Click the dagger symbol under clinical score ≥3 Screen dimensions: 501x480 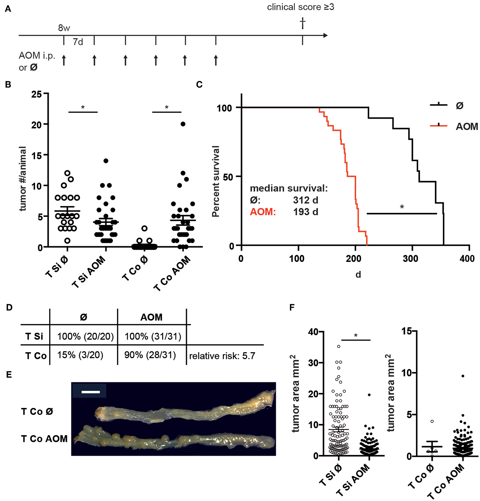(x=303, y=23)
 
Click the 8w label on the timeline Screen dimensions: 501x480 (x=64, y=28)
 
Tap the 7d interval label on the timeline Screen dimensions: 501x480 (x=78, y=42)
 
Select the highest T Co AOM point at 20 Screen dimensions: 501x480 (x=183, y=124)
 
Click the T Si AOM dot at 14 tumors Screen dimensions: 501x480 (x=106, y=161)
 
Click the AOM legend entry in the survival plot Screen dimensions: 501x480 (x=466, y=126)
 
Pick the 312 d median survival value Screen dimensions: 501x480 (x=305, y=200)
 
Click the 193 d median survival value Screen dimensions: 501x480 (x=305, y=212)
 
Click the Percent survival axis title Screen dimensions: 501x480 (x=216, y=181)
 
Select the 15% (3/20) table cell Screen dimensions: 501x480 (x=80, y=355)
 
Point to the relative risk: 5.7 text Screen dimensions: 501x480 (x=222, y=356)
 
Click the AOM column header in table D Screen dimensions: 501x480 (x=151, y=317)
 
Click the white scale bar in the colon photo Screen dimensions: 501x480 (x=90, y=392)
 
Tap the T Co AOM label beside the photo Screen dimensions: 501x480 (x=44, y=438)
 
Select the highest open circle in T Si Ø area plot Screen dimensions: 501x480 (x=339, y=346)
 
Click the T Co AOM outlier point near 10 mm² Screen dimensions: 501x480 (x=463, y=376)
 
